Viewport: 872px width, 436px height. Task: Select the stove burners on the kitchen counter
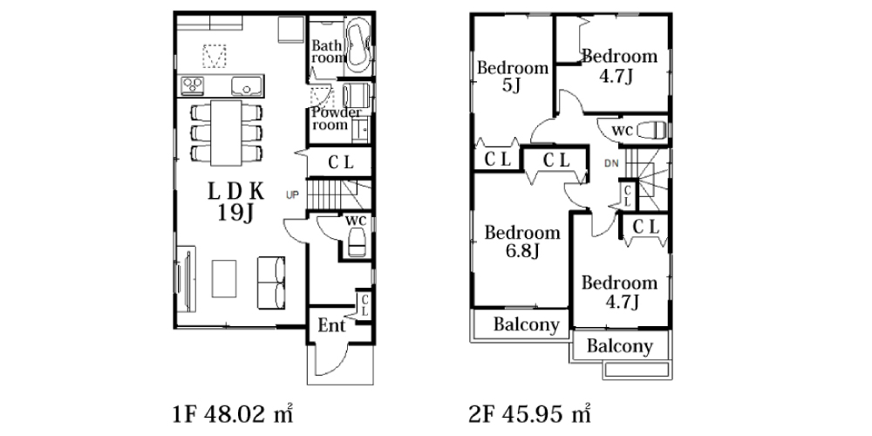tap(193, 85)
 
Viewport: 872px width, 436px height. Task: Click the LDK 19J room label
tap(235, 202)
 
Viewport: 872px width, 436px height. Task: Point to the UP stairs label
tap(292, 194)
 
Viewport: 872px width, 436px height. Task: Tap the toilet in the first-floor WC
tap(356, 242)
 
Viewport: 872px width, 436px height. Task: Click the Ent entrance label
tap(331, 325)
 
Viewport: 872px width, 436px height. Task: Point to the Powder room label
tap(336, 119)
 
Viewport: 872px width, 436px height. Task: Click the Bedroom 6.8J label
tap(522, 242)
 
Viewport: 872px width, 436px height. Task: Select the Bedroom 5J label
tap(513, 77)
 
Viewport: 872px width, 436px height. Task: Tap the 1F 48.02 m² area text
tap(233, 413)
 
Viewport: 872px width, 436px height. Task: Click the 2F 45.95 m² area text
tap(530, 413)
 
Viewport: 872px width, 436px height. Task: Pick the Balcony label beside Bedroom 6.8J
tap(526, 324)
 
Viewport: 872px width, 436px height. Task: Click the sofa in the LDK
tap(271, 283)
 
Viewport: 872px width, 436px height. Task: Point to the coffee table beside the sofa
tap(224, 279)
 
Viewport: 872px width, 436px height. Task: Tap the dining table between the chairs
tap(227, 133)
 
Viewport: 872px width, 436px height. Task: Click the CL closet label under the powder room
tap(340, 162)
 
